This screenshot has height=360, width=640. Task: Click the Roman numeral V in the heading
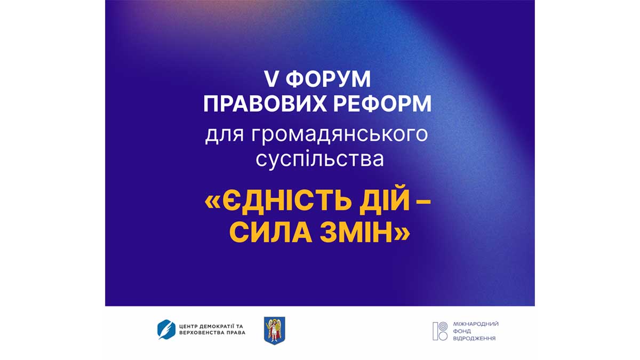click(272, 79)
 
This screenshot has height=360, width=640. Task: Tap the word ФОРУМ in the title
click(328, 79)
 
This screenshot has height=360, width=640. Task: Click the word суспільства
click(319, 159)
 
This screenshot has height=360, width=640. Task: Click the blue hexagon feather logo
click(166, 330)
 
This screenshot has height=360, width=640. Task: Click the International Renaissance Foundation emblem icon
click(440, 331)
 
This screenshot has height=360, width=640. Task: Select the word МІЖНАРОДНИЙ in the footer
click(476, 324)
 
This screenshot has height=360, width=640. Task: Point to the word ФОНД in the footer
click(462, 331)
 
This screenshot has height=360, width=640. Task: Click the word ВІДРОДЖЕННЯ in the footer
click(474, 339)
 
